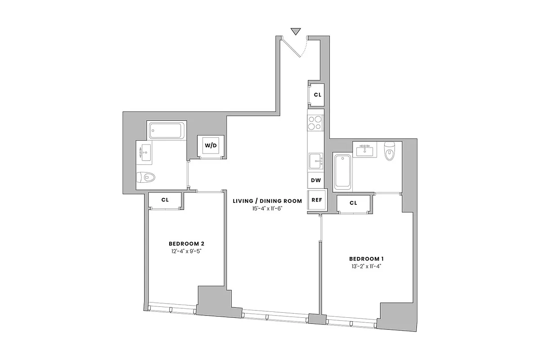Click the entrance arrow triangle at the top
(x=295, y=31)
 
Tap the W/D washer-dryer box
(x=211, y=145)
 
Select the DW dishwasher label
(x=316, y=180)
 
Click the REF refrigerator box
(x=316, y=200)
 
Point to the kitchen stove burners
(x=315, y=123)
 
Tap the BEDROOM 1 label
(x=366, y=259)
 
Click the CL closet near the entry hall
(x=317, y=95)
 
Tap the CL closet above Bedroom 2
(x=165, y=199)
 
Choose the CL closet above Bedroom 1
(x=353, y=203)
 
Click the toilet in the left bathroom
(x=146, y=177)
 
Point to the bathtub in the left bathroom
(x=166, y=131)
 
